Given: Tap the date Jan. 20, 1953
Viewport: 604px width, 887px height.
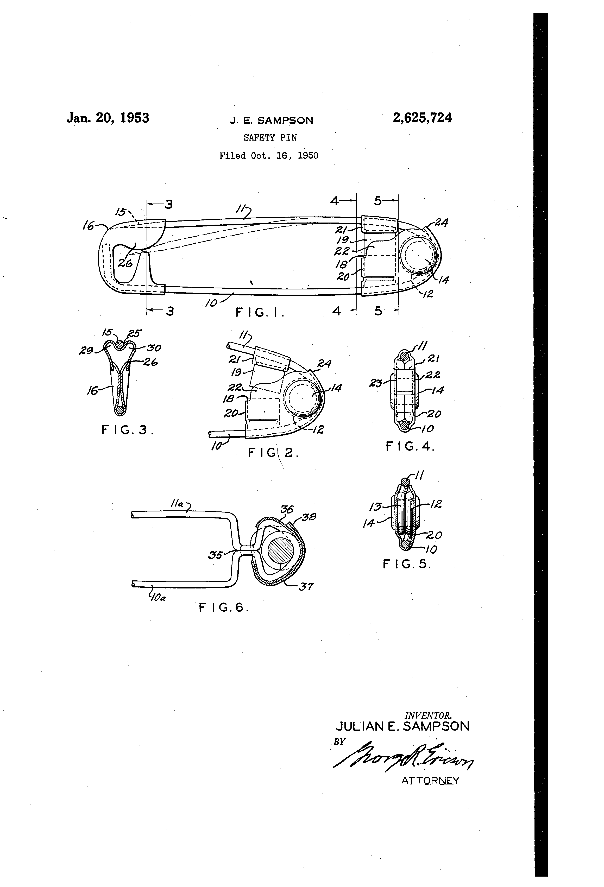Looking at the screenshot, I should tap(108, 118).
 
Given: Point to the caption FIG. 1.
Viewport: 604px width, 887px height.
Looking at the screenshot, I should tap(260, 313).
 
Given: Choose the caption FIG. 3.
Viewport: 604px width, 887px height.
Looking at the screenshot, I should tap(128, 430).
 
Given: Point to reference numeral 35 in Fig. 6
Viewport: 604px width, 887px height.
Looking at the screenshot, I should tap(215, 555).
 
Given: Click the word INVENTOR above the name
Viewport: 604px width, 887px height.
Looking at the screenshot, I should tap(428, 715).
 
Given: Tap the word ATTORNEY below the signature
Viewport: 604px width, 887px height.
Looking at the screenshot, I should tap(430, 781).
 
